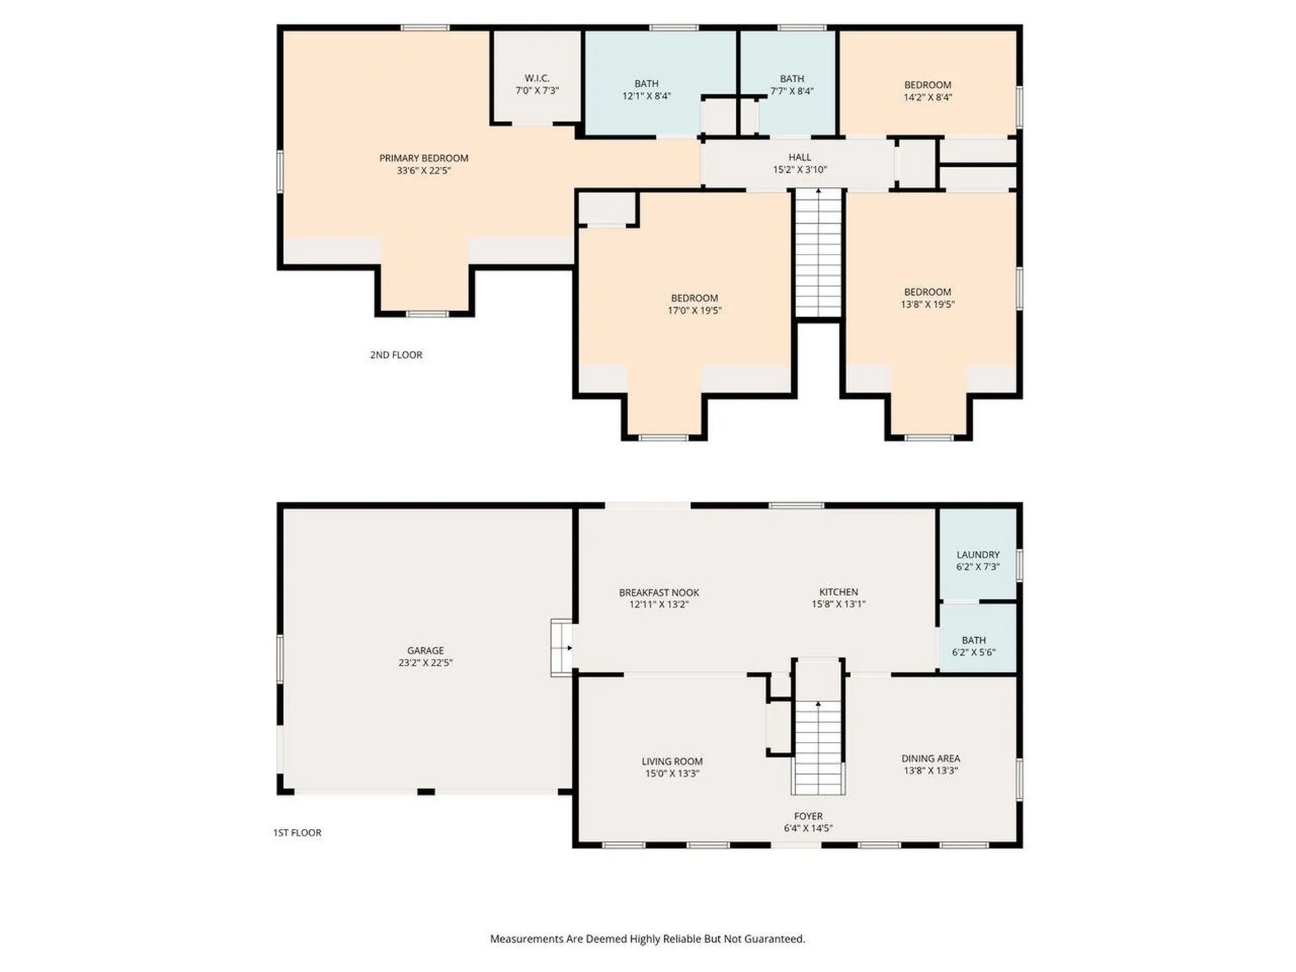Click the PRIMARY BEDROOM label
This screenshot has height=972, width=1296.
tap(423, 158)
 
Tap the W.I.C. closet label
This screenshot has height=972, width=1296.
tap(537, 78)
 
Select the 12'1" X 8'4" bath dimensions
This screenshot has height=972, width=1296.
tap(646, 96)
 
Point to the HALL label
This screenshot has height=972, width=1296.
tap(800, 157)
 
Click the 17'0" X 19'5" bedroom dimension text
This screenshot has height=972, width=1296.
tap(695, 310)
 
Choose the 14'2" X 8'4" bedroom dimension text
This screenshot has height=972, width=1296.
tap(927, 97)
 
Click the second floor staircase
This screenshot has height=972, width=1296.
tap(819, 253)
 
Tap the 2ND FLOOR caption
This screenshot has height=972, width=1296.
tap(396, 354)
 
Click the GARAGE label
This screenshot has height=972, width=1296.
tap(425, 650)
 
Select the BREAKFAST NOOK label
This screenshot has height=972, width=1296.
tap(659, 593)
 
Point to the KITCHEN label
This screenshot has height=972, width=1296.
tap(838, 592)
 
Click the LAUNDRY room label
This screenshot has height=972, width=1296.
tap(978, 555)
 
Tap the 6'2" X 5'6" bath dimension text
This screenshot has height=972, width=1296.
tap(973, 652)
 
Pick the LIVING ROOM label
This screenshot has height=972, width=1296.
tap(672, 761)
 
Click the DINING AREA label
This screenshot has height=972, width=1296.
tap(931, 759)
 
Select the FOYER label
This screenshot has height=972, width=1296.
tap(808, 816)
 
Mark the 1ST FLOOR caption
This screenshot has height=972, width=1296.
tap(297, 832)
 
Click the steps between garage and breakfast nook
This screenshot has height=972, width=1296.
tap(562, 647)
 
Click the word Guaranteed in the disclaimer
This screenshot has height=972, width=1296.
tap(775, 939)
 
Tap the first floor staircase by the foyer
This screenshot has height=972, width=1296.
tap(818, 728)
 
